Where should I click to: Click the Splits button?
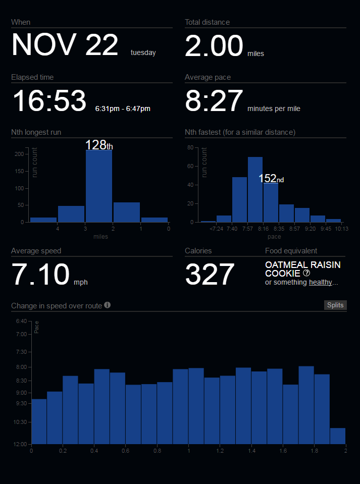335,305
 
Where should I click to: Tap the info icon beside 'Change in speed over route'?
108,305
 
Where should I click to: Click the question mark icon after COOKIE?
306,273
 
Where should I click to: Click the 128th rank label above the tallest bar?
99,145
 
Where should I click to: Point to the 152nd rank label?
271,178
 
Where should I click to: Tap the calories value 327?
210,275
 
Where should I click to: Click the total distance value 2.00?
214,46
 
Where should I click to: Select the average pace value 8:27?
214,101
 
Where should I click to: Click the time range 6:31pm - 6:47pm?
123,108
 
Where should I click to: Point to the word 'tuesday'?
143,52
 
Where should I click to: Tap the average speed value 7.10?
40,275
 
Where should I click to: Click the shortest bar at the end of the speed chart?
338,436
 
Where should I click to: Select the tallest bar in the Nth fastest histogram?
255,189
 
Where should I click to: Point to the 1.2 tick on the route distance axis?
220,451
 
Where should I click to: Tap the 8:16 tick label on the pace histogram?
263,229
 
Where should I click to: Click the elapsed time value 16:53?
49,101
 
